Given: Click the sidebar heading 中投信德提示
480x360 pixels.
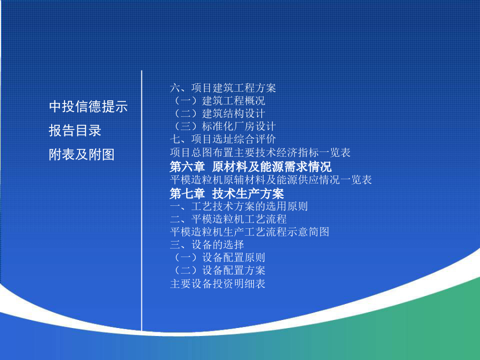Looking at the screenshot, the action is point(88,107).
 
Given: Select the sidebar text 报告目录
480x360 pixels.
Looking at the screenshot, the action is point(75,131).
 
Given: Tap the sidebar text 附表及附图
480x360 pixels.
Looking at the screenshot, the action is point(82,154).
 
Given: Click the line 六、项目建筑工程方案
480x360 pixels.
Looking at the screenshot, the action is point(223,88).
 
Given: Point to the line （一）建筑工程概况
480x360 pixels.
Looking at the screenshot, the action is point(218,101).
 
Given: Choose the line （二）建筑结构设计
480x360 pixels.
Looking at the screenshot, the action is point(218,114).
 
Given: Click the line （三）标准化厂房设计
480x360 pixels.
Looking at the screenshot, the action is point(223,126).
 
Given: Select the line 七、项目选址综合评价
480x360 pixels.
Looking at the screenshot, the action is point(223,139).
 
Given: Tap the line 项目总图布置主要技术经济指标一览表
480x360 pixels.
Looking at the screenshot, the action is point(260,153).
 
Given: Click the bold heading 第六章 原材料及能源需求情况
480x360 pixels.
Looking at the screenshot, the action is point(251,167).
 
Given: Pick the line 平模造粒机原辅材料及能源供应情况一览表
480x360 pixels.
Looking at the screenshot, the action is point(271,180).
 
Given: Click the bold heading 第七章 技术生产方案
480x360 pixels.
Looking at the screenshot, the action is point(227,194).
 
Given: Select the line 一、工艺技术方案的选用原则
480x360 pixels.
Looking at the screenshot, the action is point(239,206).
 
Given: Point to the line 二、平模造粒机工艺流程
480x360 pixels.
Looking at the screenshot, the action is point(228,219).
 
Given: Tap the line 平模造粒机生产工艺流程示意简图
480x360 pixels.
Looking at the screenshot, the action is point(250,232).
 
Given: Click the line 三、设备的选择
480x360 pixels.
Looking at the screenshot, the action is point(207,245).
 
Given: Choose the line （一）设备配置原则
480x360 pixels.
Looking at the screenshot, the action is point(218,258).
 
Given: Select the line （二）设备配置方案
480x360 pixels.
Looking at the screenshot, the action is point(218,270).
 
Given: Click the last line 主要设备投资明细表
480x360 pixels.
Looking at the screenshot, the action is point(218,284).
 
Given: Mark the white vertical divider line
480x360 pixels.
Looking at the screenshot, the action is point(142,201).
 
